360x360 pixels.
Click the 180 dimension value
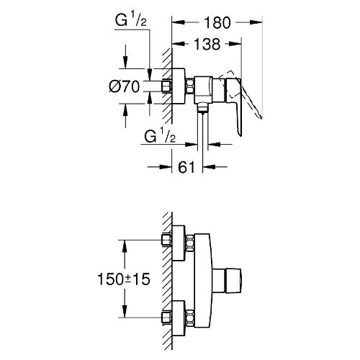(217, 23)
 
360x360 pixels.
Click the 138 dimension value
(207, 44)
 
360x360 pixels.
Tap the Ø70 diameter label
(124, 86)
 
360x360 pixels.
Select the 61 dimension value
(186, 167)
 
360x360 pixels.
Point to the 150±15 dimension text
(124, 279)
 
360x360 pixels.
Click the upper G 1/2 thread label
(131, 21)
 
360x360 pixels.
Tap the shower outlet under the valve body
(202, 107)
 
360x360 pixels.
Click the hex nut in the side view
(189, 86)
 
